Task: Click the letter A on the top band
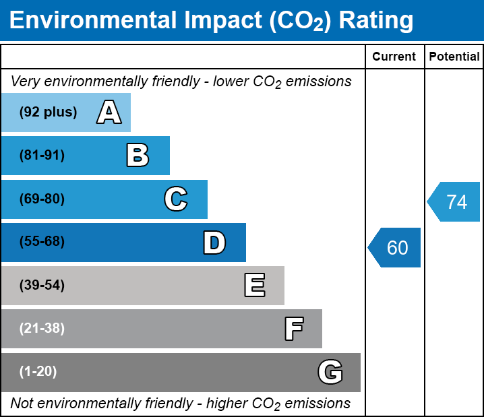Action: tap(109, 113)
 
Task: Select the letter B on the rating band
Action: tap(138, 156)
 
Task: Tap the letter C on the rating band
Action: tap(175, 199)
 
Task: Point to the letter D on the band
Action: tap(214, 243)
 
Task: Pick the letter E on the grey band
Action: tap(254, 286)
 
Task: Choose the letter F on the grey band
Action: tap(293, 329)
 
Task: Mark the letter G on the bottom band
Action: tap(330, 372)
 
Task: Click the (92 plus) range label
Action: tap(48, 113)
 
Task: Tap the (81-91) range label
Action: tap(42, 156)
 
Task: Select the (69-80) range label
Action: tap(42, 199)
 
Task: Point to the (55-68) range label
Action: tap(42, 242)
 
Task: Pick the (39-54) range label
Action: tap(42, 286)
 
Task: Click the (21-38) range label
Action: tap(42, 329)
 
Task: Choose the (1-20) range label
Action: tap(38, 372)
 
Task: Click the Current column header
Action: tap(394, 57)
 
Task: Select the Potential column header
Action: tap(454, 57)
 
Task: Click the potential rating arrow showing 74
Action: tap(454, 202)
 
